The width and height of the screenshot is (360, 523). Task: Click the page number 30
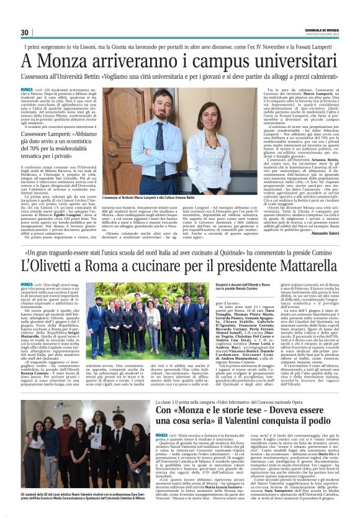point(25,33)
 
